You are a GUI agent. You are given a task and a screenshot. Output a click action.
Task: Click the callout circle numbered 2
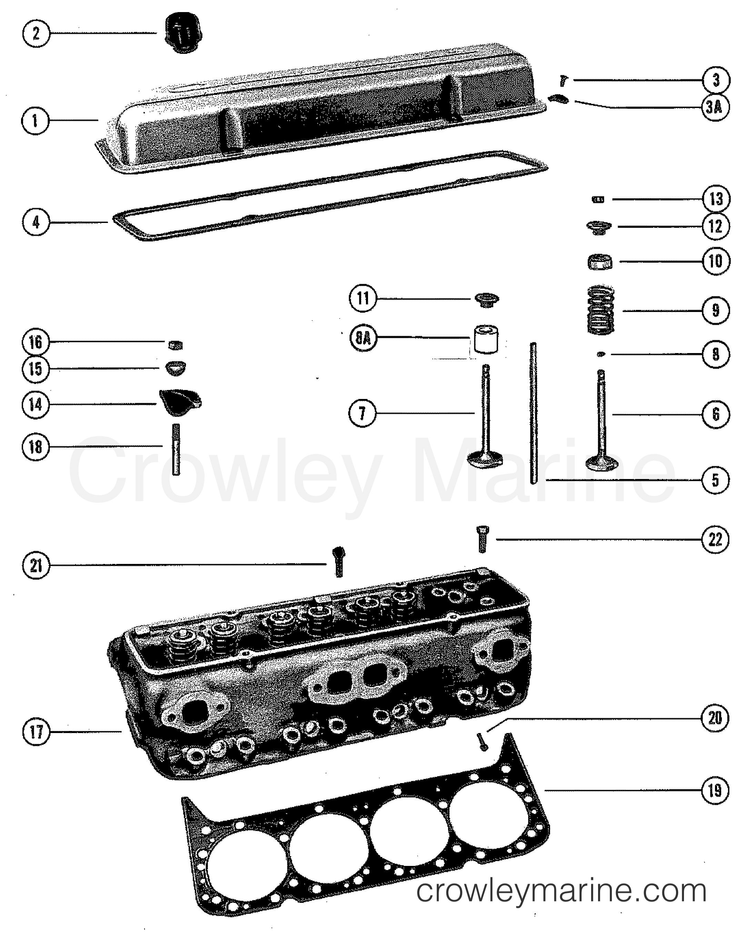36,33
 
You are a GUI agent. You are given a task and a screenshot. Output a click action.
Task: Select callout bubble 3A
715,107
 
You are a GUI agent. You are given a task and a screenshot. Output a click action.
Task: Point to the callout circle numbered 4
36,223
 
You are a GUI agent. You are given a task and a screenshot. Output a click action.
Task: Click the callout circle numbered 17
36,731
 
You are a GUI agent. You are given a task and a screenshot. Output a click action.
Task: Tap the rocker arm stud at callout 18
176,449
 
